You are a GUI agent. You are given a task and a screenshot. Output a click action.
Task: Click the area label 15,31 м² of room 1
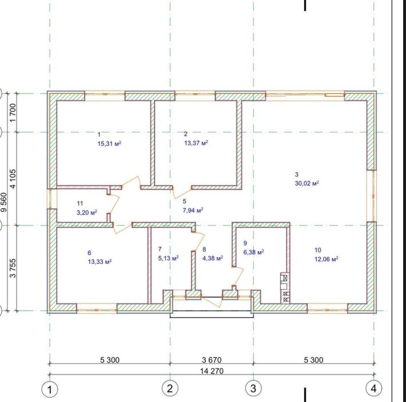pyautogui.click(x=110, y=144)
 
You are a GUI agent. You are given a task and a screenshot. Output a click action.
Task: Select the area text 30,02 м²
pyautogui.click(x=307, y=183)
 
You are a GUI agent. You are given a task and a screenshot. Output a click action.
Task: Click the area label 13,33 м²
pyautogui.click(x=99, y=261)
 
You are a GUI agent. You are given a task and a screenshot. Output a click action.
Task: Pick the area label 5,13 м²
pyautogui.click(x=168, y=258)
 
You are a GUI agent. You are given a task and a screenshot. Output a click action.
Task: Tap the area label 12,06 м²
pyautogui.click(x=327, y=259)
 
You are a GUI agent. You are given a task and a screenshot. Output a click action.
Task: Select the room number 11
pyautogui.click(x=80, y=203)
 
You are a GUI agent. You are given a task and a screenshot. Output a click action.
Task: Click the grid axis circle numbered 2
pyautogui.click(x=169, y=389)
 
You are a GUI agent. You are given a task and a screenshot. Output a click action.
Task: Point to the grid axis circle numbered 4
pyautogui.click(x=374, y=388)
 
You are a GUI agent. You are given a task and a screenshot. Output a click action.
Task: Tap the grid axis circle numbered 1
pyautogui.click(x=50, y=389)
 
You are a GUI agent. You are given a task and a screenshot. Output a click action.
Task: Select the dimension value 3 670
pyautogui.click(x=211, y=360)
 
